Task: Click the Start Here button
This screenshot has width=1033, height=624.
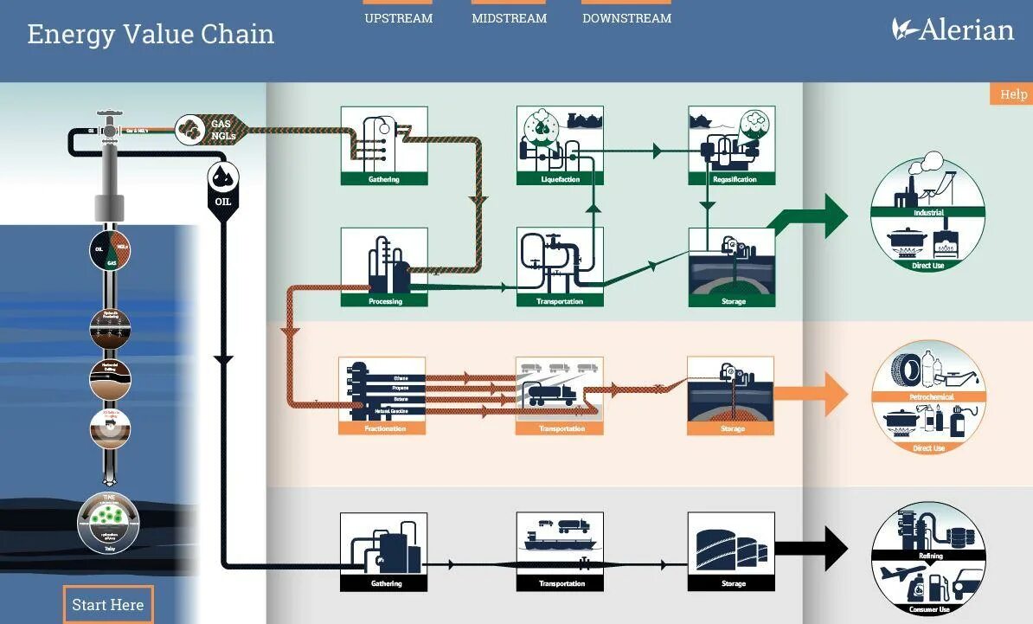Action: (108, 604)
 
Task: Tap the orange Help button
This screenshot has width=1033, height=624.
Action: (1012, 94)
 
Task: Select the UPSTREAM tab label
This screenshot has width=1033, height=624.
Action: (398, 17)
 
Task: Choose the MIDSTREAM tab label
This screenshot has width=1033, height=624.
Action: (509, 17)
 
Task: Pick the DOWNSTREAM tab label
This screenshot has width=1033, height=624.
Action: (626, 17)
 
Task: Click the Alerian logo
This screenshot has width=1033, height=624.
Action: (953, 30)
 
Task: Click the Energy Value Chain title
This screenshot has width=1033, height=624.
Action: (151, 35)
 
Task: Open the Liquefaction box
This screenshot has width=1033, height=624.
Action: (560, 145)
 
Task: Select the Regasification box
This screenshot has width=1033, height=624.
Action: (732, 145)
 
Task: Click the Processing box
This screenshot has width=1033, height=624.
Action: (384, 267)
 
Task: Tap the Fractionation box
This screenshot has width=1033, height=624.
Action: (382, 395)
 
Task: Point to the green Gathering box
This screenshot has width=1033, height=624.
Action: (384, 145)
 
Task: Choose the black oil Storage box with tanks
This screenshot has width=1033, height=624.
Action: (731, 551)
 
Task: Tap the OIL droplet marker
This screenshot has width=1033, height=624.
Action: (223, 182)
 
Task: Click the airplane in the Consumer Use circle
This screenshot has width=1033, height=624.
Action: (900, 574)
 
